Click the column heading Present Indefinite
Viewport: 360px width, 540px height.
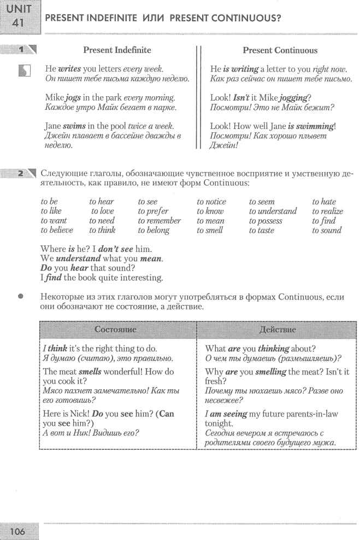117,50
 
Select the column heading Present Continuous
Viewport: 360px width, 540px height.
280,50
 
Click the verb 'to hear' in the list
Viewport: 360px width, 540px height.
102,202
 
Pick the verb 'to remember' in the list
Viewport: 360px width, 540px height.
159,221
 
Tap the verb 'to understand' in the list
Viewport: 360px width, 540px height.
273,211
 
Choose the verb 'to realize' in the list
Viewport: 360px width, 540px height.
328,211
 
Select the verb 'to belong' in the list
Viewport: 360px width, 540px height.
154,230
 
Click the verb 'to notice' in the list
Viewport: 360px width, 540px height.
211,202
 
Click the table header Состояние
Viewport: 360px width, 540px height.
115,330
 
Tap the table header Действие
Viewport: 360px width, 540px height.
279,330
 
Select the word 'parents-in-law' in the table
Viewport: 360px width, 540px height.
323,414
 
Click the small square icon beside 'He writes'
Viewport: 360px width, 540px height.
23,71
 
